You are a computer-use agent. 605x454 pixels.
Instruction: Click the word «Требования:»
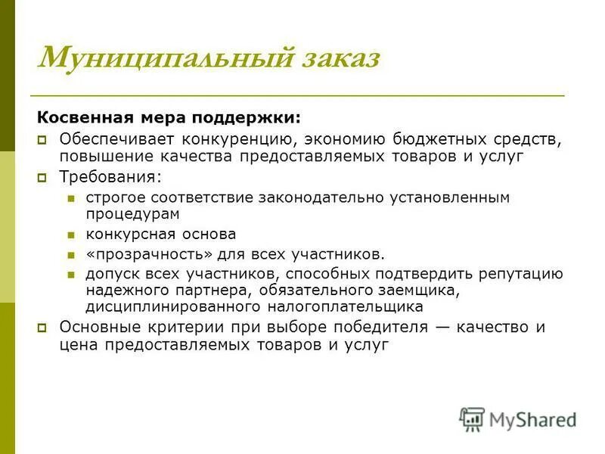pos(110,177)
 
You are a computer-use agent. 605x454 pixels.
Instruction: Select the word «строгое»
pos(115,197)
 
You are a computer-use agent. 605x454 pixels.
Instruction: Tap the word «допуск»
pos(107,274)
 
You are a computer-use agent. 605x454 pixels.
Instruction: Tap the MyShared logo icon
pos(472,419)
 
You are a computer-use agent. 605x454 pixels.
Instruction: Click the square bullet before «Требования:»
pos(44,178)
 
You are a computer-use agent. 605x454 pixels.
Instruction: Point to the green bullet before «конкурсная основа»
pos(71,235)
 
